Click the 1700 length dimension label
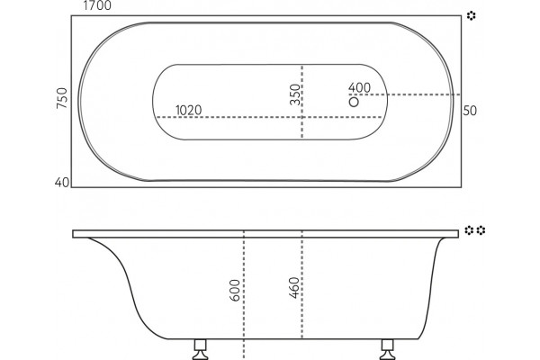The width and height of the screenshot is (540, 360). click(x=97, y=5)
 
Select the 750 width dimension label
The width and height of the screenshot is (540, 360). click(x=62, y=98)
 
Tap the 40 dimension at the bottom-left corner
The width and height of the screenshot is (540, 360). click(x=62, y=182)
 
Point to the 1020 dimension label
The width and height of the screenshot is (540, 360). click(x=189, y=110)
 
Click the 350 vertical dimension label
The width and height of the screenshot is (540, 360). click(x=295, y=94)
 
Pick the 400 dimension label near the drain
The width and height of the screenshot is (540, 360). click(x=359, y=87)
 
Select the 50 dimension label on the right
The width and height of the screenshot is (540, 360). click(x=470, y=111)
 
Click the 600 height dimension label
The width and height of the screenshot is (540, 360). click(x=235, y=291)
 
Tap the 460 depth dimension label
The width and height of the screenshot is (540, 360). click(x=294, y=288)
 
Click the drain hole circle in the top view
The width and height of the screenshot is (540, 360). click(x=354, y=103)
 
